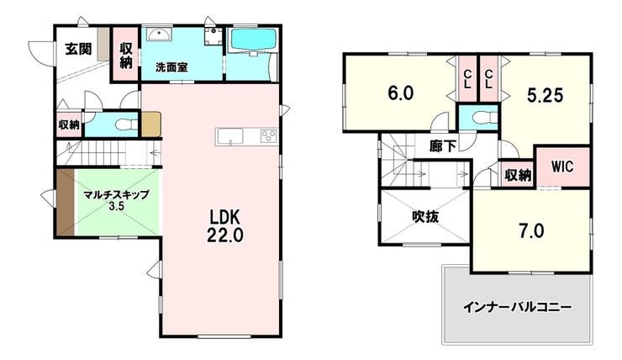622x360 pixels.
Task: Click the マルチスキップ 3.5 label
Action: (116, 199)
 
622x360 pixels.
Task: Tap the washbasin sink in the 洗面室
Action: (159, 34)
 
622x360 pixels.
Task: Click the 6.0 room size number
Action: (399, 93)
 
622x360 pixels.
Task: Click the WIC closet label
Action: (561, 166)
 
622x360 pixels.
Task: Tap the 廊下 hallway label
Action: (442, 146)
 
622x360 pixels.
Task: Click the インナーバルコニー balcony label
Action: (517, 307)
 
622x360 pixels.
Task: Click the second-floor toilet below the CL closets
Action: (479, 117)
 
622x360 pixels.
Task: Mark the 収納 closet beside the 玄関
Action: (126, 53)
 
